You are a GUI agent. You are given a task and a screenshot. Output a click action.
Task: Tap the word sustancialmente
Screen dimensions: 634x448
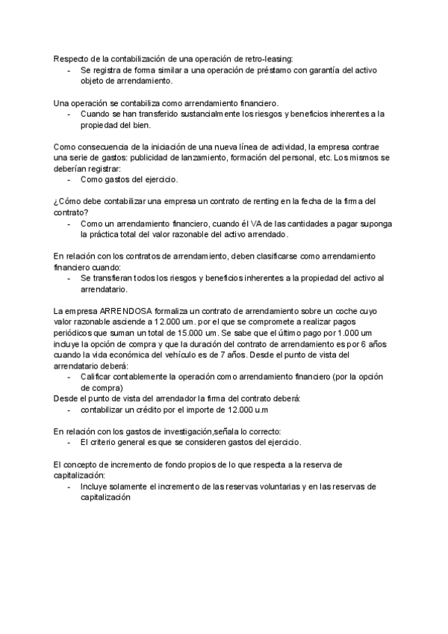(195, 114)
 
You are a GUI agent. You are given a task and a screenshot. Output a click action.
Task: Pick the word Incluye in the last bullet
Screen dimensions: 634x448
(95, 487)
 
